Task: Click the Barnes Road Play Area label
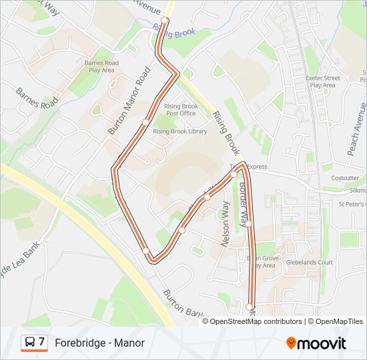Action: click(x=101, y=66)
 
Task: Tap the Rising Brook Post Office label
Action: click(x=181, y=109)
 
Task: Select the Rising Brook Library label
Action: click(x=180, y=131)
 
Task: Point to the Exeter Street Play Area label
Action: click(x=323, y=81)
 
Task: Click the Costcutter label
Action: click(x=345, y=178)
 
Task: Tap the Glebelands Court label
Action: click(x=309, y=262)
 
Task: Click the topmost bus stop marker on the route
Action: click(x=165, y=21)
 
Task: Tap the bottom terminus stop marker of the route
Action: click(x=250, y=307)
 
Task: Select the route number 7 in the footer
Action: click(x=42, y=343)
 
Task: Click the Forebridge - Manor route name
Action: click(x=99, y=343)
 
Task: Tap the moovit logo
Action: click(x=316, y=343)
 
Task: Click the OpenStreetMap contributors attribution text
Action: click(x=256, y=321)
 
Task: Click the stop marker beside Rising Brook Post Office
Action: click(x=145, y=122)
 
